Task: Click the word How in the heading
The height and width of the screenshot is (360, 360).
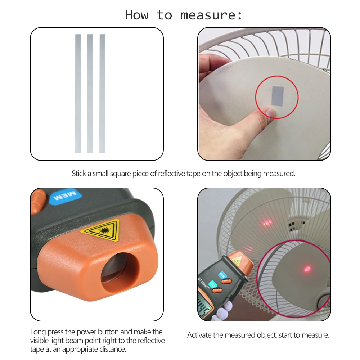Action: (x=136, y=15)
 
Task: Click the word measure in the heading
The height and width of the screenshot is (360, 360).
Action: (x=208, y=15)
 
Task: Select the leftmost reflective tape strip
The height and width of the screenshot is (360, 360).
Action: (x=78, y=94)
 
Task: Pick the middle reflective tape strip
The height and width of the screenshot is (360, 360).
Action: (x=90, y=94)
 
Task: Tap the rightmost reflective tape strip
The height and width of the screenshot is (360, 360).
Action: (x=102, y=94)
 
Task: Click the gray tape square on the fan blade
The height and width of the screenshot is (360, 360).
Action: (x=278, y=96)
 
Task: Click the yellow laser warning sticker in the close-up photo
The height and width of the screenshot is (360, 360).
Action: (x=101, y=230)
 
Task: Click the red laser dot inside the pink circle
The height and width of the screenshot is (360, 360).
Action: (x=307, y=269)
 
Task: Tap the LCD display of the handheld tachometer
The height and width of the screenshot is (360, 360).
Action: (x=204, y=307)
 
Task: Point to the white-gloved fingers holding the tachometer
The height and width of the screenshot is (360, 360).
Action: (x=222, y=311)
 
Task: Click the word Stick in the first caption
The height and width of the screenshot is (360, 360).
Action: (x=79, y=174)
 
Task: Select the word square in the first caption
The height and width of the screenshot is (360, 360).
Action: (x=120, y=174)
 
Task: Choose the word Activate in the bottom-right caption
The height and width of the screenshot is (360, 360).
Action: (x=199, y=335)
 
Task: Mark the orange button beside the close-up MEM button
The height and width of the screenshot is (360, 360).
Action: (x=38, y=202)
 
